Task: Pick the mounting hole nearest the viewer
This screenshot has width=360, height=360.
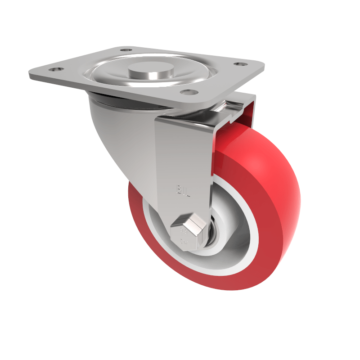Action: (188, 92)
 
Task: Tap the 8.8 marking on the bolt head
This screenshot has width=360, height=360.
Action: (184, 232)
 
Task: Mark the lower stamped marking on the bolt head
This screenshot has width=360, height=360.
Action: (184, 242)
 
